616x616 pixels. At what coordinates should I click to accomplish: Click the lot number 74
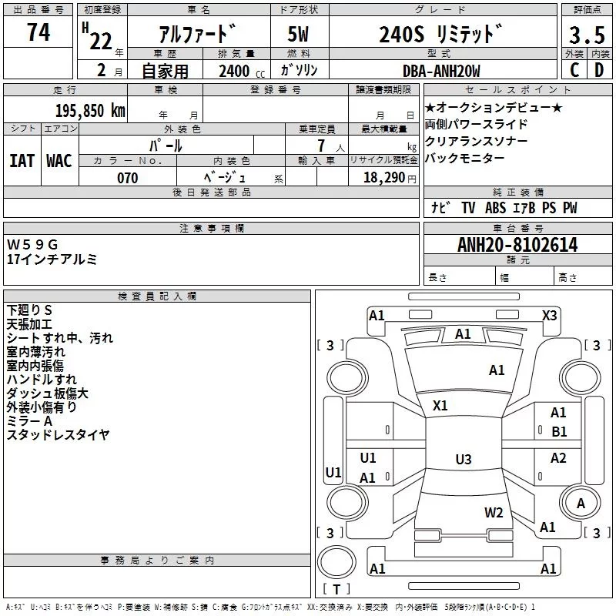(38, 32)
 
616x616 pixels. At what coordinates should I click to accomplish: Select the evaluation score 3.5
(585, 35)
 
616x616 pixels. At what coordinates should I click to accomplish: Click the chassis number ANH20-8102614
(517, 245)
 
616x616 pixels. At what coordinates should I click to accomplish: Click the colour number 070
(127, 178)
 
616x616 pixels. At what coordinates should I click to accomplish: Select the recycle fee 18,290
(382, 178)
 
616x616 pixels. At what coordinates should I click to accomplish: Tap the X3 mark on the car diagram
(550, 315)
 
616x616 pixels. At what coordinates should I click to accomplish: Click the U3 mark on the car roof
(463, 460)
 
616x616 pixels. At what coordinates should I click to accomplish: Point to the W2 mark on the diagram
(494, 512)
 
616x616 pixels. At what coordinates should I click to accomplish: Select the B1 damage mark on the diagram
(559, 432)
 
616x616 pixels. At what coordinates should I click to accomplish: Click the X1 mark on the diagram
(440, 405)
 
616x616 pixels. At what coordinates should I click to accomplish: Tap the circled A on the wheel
(581, 503)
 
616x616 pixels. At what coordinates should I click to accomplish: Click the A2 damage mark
(558, 458)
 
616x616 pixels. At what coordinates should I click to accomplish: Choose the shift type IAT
(22, 161)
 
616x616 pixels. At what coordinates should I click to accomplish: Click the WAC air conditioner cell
(59, 161)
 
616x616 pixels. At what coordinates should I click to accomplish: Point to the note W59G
(32, 244)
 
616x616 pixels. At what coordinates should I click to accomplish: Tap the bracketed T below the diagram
(336, 590)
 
